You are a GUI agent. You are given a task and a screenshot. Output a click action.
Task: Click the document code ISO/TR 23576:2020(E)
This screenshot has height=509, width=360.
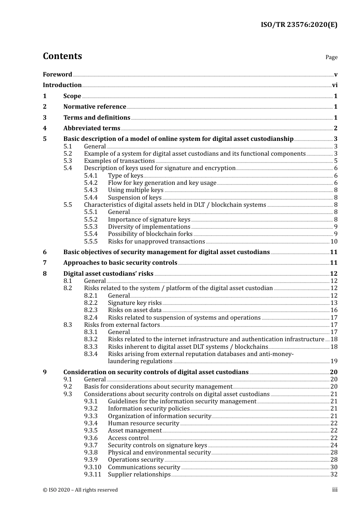pos(299,25)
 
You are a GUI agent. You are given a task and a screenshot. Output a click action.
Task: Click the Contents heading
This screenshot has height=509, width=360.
pos(62,56)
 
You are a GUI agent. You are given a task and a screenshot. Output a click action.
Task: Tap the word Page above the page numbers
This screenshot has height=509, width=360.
pos(331,57)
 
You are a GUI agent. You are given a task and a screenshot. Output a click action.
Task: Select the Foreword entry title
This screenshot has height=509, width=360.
pos(57,74)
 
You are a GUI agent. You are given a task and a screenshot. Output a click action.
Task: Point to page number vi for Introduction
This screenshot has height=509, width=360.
pos(335,85)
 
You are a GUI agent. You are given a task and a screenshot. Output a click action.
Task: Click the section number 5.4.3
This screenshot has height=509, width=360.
pos(91,190)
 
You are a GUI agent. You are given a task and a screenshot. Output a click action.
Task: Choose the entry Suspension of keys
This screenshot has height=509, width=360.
pos(135,197)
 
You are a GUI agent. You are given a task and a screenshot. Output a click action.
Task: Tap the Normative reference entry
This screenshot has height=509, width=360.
pos(94,107)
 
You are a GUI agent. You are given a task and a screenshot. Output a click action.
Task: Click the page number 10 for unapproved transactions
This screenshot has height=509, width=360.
pos(334,241)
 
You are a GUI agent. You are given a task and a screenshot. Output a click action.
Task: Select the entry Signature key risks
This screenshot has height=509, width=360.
pos(135,303)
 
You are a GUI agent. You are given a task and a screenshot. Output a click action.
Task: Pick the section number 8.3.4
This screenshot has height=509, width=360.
pos(91,354)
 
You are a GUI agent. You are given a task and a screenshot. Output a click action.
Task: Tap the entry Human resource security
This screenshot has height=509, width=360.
pos(143,423)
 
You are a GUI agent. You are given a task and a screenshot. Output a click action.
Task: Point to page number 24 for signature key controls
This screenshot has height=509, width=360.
pos(334,445)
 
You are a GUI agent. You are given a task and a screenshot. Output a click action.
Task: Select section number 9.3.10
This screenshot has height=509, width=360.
pos(92,467)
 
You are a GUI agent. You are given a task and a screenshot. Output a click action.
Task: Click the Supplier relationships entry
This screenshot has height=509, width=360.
pos(139,474)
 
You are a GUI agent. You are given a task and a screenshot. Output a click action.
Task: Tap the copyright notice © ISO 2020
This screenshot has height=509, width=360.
pos(80,490)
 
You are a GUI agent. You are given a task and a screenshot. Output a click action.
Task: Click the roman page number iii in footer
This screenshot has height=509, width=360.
pos(335,490)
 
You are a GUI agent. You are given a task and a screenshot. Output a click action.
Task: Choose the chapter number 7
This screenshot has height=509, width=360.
pos(45,263)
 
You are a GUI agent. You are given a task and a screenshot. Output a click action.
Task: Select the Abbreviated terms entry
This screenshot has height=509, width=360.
pos(91,128)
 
